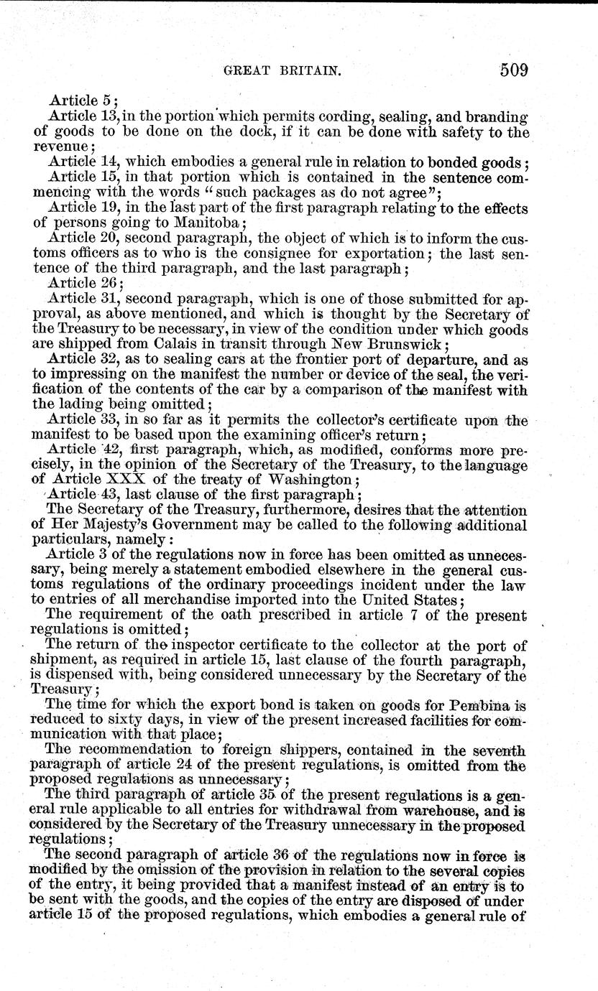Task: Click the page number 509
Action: [507, 70]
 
